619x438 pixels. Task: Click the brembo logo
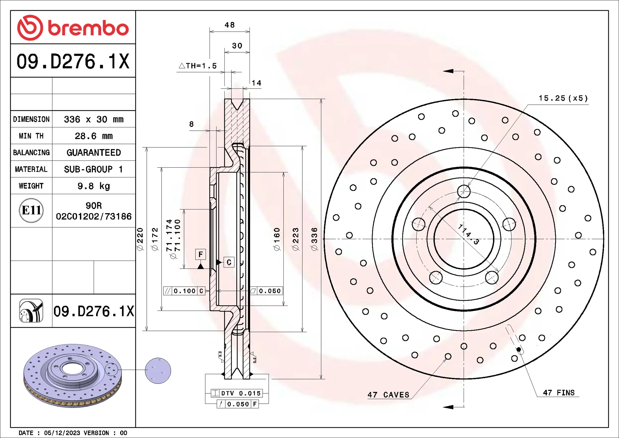pos(73,28)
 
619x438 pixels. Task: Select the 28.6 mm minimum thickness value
pos(94,136)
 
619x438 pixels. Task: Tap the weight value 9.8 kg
pos(94,186)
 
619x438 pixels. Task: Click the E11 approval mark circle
pos(31,210)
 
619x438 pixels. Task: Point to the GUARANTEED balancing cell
pos(94,153)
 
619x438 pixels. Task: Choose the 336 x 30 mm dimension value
pos(94,119)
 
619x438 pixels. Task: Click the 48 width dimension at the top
pos(230,25)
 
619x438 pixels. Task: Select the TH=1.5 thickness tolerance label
pos(198,66)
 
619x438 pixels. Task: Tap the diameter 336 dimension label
pos(314,239)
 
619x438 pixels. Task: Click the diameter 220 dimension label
pos(140,239)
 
